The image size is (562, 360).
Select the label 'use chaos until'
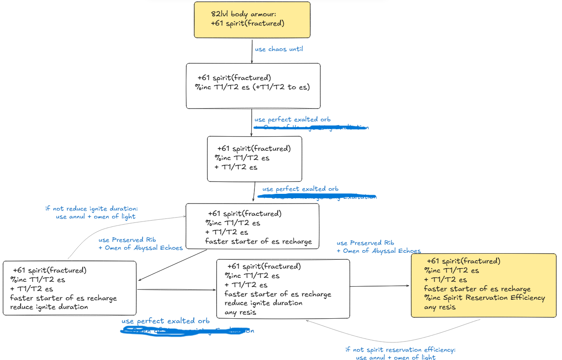click(x=279, y=49)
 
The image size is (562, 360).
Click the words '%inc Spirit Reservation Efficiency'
click(x=484, y=298)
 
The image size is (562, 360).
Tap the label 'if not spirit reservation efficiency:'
click(x=400, y=350)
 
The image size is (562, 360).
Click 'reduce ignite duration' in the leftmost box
click(x=49, y=307)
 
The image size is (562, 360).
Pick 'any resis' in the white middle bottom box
click(x=240, y=313)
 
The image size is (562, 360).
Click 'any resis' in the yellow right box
click(x=439, y=307)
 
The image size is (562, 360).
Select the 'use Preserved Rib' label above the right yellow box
click(x=365, y=243)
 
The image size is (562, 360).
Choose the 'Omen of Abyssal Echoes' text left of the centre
click(x=140, y=248)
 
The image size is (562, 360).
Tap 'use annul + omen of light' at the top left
click(x=95, y=216)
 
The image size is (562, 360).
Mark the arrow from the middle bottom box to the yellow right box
click(x=380, y=286)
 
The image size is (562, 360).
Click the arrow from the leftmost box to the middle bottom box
click(x=177, y=290)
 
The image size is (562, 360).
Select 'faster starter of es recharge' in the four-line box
click(x=258, y=241)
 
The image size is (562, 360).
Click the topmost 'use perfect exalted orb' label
click(x=292, y=120)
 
